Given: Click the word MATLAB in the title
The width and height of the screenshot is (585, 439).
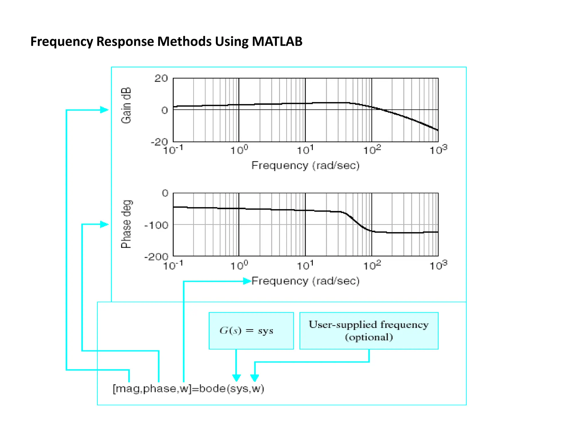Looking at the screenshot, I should pos(277,41).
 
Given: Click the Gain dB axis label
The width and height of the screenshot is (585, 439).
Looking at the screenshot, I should pos(126,105).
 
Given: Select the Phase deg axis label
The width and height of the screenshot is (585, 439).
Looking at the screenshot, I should pos(126,224).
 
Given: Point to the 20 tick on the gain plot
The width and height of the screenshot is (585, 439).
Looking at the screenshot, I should pos(161,78).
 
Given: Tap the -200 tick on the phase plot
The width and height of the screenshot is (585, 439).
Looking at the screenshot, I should pos(156,256).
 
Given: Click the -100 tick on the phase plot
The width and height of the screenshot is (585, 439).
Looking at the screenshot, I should pos(156,225).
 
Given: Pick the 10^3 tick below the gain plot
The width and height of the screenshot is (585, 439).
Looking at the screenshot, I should pos(438,149).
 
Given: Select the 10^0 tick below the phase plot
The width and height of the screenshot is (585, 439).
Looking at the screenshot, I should pos(239,266).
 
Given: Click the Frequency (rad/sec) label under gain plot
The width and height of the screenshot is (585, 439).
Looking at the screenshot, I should pos(305,165).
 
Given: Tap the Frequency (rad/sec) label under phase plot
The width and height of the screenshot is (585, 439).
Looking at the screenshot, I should pos(305,281).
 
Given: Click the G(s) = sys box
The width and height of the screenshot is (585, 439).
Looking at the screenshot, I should pos(251,331).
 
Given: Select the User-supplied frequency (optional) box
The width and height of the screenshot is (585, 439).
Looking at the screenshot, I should pos(368,331).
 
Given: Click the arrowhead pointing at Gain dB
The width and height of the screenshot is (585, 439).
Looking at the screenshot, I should pos(105,110).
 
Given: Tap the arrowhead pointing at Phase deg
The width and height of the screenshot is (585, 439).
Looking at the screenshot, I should pos(105,224).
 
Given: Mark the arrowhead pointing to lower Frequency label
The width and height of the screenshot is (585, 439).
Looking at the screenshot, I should pos(247,281).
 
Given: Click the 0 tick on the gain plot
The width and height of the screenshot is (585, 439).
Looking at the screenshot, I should pos(165,110).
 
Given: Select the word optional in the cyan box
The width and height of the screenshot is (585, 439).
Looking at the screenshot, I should pos(369,337).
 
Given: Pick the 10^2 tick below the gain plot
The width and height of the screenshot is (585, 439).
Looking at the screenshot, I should pos(372,149).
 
